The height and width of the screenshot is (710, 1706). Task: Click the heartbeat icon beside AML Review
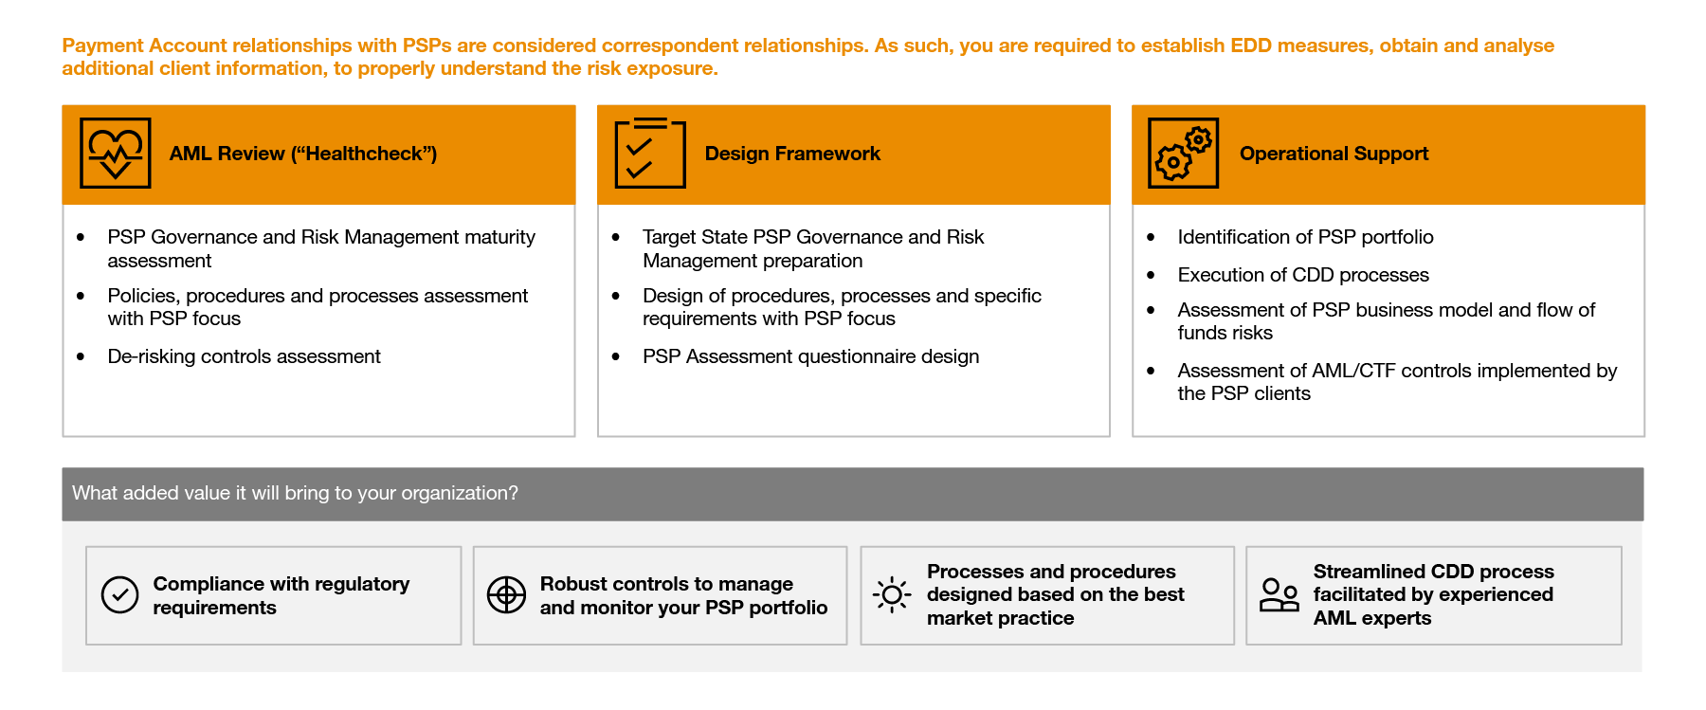pyautogui.click(x=116, y=154)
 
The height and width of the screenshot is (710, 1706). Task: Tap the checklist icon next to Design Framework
pyautogui.click(x=650, y=154)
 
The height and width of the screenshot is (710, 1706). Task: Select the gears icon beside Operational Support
pyautogui.click(x=1183, y=154)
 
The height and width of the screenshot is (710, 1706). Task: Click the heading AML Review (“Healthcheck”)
pyautogui.click(x=302, y=154)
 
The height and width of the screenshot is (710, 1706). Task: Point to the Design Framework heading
pyautogui.click(x=792, y=154)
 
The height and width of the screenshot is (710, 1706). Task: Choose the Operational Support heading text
pyautogui.click(x=1334, y=154)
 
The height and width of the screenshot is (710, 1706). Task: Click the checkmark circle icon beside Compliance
pyautogui.click(x=120, y=595)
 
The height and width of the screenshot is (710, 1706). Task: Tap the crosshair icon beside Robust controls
pyautogui.click(x=506, y=595)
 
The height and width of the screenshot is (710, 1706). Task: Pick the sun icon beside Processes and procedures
pyautogui.click(x=892, y=595)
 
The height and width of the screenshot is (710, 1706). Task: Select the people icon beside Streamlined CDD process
pyautogui.click(x=1279, y=595)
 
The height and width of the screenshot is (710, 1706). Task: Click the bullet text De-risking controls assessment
pyautogui.click(x=244, y=356)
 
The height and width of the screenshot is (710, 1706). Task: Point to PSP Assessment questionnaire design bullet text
pyautogui.click(x=810, y=356)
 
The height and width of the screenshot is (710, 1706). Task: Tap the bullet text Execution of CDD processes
pyautogui.click(x=1303, y=275)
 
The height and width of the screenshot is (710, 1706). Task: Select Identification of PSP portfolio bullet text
pyautogui.click(x=1305, y=237)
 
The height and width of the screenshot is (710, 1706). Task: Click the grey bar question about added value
pyautogui.click(x=295, y=493)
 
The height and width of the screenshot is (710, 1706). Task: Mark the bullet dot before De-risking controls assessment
pyautogui.click(x=81, y=356)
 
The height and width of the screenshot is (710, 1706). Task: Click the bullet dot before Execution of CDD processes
pyautogui.click(x=1151, y=275)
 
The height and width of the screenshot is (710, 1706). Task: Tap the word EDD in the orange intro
pyautogui.click(x=1250, y=46)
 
